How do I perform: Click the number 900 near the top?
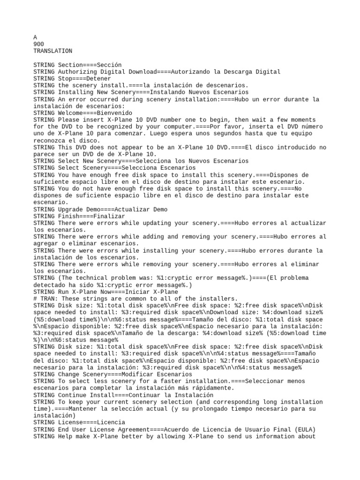tap(39, 44)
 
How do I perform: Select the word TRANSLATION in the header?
tap(53, 51)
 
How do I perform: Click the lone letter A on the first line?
tap(35, 37)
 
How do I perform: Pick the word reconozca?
tap(49, 141)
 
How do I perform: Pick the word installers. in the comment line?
tap(220, 299)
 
